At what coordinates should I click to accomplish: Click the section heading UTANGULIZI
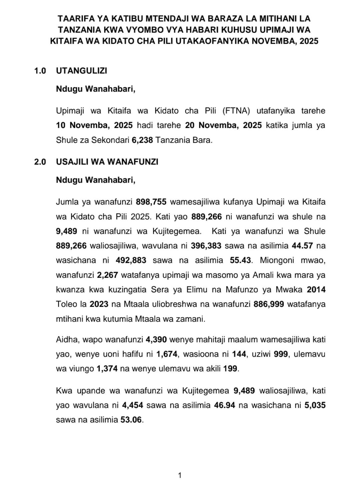[81, 71]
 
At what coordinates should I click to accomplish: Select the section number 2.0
[40, 162]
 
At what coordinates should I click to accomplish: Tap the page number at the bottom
[180, 475]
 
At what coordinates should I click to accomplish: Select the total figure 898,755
[151, 202]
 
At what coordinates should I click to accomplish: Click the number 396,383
[207, 246]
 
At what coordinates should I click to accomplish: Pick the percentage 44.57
[302, 246]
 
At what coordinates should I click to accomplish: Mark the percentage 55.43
[240, 260]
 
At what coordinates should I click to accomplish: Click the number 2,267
[107, 275]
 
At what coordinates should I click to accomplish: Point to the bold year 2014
[316, 290]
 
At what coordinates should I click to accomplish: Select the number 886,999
[269, 304]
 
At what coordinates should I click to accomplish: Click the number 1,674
[167, 354]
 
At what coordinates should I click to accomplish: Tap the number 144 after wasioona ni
[239, 354]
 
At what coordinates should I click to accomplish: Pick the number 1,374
[107, 369]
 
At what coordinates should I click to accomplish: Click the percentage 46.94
[225, 405]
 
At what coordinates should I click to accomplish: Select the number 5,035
[315, 405]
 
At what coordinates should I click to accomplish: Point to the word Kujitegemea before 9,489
[205, 391]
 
